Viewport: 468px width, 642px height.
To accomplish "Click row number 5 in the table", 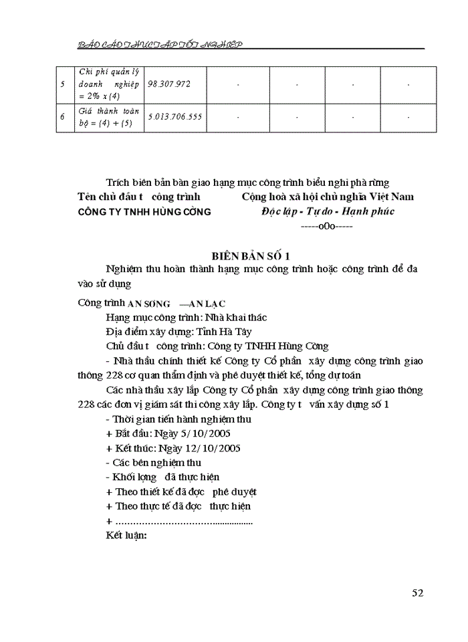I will click(62, 85).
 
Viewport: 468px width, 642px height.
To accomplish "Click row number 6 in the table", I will click(62, 116).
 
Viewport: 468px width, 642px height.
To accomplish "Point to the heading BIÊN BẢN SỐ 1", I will click(250, 255).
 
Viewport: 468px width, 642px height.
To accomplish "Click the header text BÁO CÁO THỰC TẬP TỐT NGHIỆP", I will click(159, 44).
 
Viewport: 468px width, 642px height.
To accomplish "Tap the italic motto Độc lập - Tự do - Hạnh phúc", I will click(327, 211).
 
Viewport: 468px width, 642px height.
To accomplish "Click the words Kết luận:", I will click(126, 536).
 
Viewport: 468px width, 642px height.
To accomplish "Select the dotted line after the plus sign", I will click(184, 522).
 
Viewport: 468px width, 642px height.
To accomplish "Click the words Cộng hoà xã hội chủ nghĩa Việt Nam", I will click(328, 197).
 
